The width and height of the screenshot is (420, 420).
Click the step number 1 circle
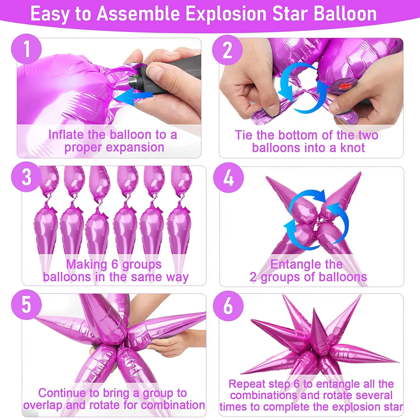pos(26,49)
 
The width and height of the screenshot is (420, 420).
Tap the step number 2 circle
pos(227,50)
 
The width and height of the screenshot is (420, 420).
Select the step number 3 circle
pos(26,177)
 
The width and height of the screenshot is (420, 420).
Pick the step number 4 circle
pos(228,178)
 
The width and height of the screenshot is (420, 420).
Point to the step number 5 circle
pos(26,305)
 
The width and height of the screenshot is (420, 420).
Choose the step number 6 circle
pos(228,306)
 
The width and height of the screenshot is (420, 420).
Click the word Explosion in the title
pos(226,14)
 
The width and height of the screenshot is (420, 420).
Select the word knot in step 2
pos(353,148)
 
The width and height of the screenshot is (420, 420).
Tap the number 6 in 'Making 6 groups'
pos(115,264)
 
